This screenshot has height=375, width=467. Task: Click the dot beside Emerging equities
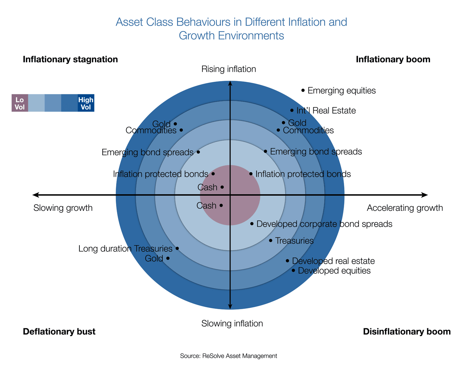click(x=303, y=90)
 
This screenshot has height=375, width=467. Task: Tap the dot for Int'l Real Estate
click(x=292, y=111)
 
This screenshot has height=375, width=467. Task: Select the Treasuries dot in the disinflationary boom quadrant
click(x=271, y=241)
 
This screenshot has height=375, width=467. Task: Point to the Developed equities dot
click(x=293, y=270)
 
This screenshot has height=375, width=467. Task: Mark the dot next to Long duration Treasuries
click(x=177, y=248)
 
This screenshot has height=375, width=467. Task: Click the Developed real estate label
click(x=333, y=261)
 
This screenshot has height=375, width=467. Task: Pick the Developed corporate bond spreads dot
click(x=252, y=224)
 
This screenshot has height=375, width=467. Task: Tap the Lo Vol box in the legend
click(x=20, y=103)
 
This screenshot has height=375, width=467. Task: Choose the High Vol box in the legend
click(x=86, y=103)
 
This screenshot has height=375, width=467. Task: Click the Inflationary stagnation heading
click(x=70, y=59)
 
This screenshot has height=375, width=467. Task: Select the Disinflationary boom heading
click(x=407, y=332)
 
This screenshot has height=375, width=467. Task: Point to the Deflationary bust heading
click(x=59, y=332)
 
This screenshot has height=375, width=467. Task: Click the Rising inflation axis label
click(x=229, y=69)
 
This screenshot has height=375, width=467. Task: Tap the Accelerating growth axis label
click(x=405, y=208)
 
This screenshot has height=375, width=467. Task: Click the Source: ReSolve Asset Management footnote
click(x=229, y=356)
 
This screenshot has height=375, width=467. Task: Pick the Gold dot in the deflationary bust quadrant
click(x=168, y=258)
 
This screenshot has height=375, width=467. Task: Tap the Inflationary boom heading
click(x=393, y=59)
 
